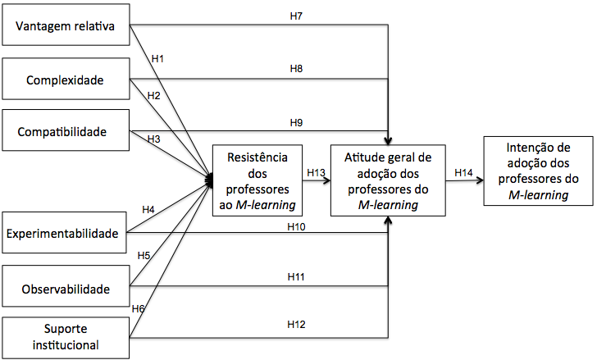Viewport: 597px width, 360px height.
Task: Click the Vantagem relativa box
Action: coord(66,30)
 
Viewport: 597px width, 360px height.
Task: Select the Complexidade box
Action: coord(66,80)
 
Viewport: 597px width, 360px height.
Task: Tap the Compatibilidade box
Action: coord(66,130)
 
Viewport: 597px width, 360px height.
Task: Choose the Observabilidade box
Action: coord(66,289)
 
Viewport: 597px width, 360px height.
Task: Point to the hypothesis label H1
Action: coord(157,58)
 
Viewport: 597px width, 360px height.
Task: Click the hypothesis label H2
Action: coord(153,95)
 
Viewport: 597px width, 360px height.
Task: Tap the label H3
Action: coord(153,139)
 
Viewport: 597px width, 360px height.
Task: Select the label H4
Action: coord(148,210)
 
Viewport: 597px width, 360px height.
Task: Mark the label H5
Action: coord(144,256)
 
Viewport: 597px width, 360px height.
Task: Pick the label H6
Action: coord(139,308)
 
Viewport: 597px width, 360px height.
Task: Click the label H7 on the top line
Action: coord(297,16)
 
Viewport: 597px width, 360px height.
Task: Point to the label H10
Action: coord(296,226)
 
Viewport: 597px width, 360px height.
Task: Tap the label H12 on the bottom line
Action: coord(296,325)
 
